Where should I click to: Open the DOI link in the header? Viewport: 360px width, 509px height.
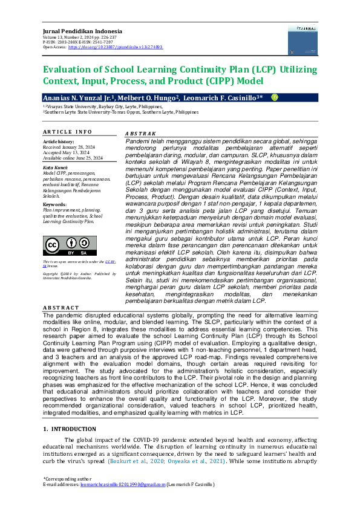click(x=115, y=47)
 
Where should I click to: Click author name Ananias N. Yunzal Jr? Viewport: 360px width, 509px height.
click(x=72, y=97)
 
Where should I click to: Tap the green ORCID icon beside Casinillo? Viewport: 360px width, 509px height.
click(x=274, y=97)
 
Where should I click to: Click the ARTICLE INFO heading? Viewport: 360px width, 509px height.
click(x=67, y=131)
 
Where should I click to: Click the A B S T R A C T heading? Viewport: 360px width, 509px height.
click(x=62, y=307)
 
